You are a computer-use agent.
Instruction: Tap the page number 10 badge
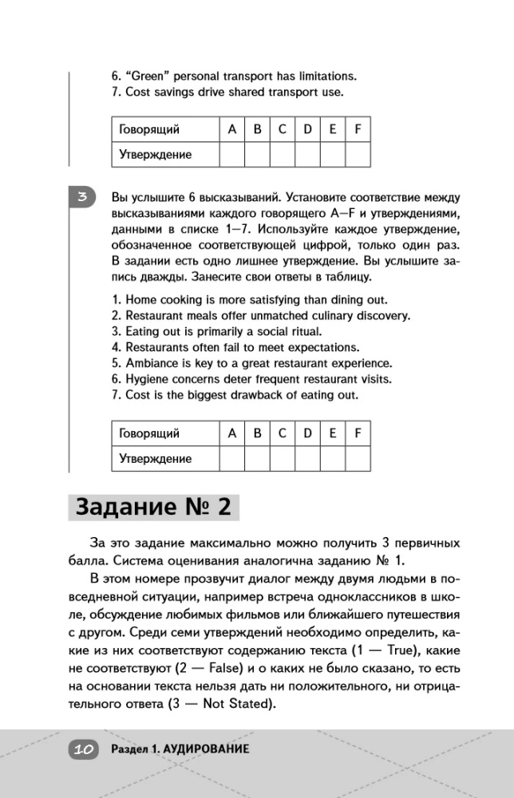coord(85,749)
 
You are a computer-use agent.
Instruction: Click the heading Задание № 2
coord(152,508)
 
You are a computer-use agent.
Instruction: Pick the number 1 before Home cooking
coord(115,299)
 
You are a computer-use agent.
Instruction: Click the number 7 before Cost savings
coord(115,93)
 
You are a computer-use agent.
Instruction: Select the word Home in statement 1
coord(140,299)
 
